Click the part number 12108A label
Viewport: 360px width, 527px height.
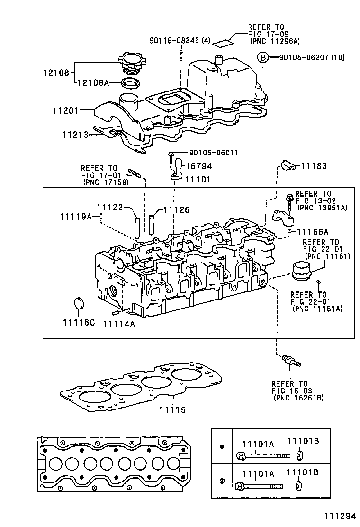[93, 83]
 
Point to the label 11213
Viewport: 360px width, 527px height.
[75, 135]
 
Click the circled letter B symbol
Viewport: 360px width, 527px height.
[262, 58]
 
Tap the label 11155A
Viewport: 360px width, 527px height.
[313, 232]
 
